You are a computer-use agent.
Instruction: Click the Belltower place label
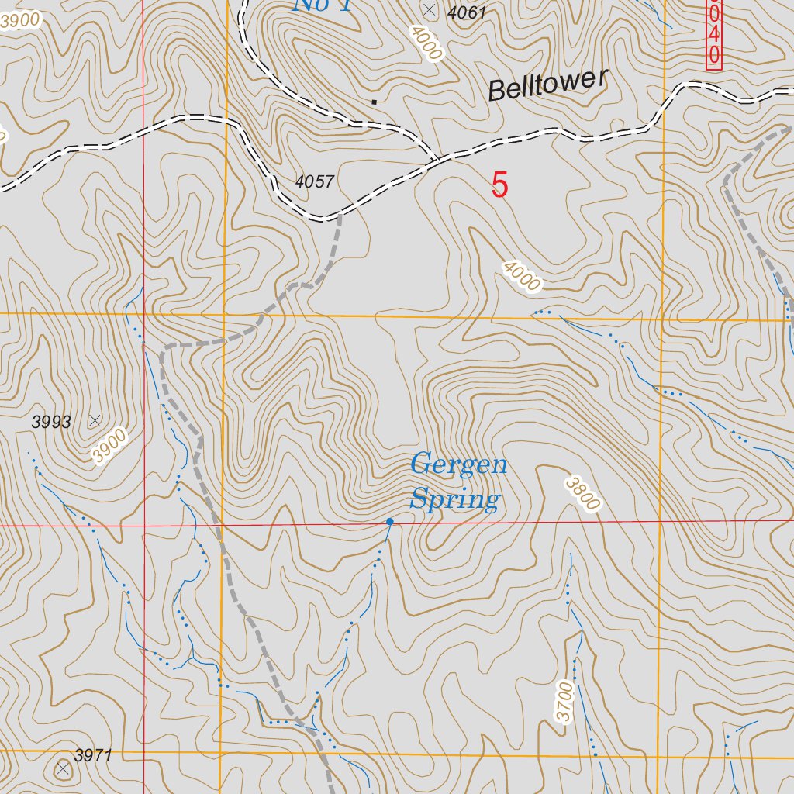[x=547, y=84]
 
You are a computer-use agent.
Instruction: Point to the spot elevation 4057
[x=315, y=182]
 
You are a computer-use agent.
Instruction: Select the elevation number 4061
[x=467, y=12]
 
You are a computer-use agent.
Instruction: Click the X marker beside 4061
[x=430, y=9]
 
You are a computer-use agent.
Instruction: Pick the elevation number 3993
[x=51, y=423]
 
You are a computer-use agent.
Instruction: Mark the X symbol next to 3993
[x=95, y=420]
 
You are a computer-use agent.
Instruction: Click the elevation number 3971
[x=94, y=755]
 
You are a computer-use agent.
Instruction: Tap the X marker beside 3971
[x=63, y=768]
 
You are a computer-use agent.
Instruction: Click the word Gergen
[x=459, y=465]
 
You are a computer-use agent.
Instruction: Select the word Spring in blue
[x=455, y=499]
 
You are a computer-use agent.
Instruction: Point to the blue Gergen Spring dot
[x=389, y=522]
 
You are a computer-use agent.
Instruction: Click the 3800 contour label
[x=583, y=494]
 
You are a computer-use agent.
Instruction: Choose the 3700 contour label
[x=565, y=702]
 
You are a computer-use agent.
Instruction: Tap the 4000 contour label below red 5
[x=521, y=277]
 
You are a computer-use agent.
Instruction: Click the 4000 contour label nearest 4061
[x=426, y=44]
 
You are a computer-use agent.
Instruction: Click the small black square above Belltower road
[x=375, y=101]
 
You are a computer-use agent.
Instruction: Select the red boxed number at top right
[x=713, y=35]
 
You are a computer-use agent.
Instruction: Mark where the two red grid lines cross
[x=144, y=526]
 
